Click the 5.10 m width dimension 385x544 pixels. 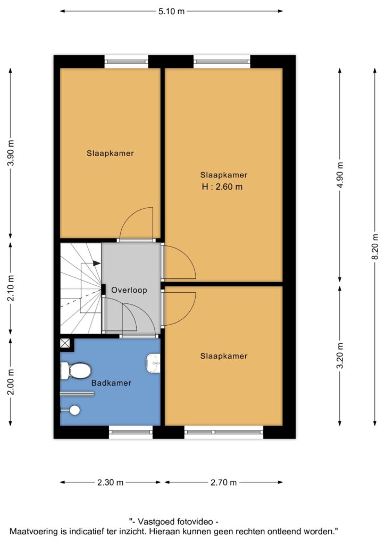172,11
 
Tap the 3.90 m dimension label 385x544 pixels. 11,153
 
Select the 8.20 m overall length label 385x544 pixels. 375,246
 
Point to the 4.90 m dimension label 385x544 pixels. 340,175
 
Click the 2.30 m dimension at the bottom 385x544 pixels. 111,482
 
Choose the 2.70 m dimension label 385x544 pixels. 223,482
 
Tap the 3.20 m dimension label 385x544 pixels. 340,355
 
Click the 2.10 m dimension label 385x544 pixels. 11,288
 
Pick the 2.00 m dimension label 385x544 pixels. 11,381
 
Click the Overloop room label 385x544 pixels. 129,290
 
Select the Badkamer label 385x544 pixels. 112,383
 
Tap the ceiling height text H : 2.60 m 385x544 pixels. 222,186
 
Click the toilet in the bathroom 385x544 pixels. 76,371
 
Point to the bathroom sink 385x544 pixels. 154,363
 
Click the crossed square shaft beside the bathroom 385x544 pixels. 65,344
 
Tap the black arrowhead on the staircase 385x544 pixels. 97,263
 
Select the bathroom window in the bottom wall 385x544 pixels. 131,432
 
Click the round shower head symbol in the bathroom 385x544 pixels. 74,411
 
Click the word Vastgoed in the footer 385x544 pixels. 156,522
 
